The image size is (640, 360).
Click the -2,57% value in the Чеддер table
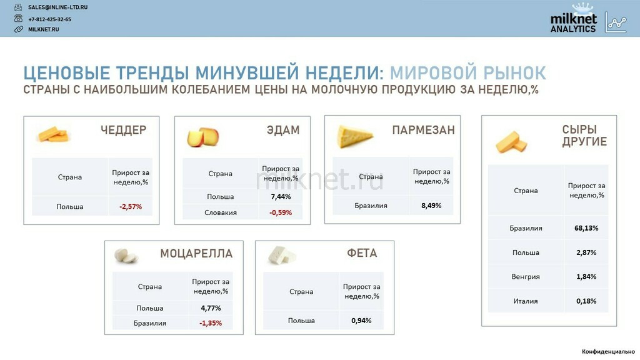click(x=131, y=206)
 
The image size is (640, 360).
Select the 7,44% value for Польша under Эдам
click(x=281, y=196)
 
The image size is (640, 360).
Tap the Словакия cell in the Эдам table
click(x=221, y=212)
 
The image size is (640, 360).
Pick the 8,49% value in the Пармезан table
click(x=431, y=205)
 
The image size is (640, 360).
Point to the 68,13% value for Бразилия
click(x=586, y=227)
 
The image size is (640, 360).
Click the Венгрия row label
click(x=526, y=276)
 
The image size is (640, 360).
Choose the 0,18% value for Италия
click(x=586, y=301)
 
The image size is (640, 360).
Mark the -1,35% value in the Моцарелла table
click(x=211, y=323)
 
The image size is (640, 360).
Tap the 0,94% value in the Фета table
click(x=361, y=321)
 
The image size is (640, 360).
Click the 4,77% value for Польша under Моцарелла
click(x=211, y=307)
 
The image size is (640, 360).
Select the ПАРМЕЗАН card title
click(x=423, y=130)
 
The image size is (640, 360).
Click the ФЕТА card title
click(x=362, y=253)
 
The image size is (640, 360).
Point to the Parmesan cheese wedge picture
click(x=354, y=136)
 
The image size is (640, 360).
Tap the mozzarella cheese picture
click(x=126, y=256)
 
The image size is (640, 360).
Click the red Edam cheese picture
click(x=203, y=137)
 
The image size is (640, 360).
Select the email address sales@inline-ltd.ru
click(x=57, y=7)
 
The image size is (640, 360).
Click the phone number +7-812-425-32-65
click(x=49, y=19)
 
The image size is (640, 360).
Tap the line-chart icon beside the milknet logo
click(x=616, y=22)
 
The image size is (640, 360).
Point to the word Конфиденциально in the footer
click(x=608, y=351)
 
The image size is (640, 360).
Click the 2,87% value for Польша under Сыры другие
click(x=586, y=252)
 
